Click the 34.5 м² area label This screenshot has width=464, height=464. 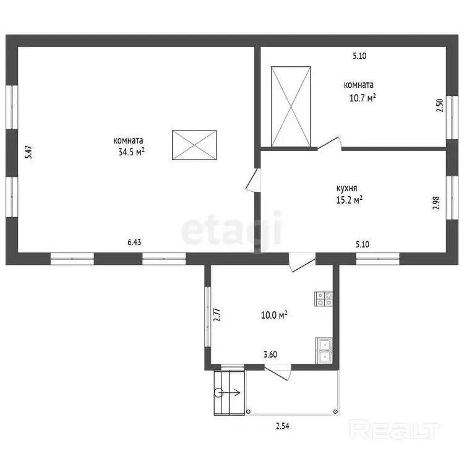[x=131, y=152]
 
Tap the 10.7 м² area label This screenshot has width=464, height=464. [x=363, y=98]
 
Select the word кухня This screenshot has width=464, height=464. [x=347, y=188]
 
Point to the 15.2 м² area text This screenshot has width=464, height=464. [x=349, y=200]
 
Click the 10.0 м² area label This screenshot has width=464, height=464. [x=274, y=315]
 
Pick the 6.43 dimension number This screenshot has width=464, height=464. [x=134, y=242]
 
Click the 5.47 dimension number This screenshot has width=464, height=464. [x=28, y=152]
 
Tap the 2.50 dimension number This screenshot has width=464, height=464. [x=440, y=105]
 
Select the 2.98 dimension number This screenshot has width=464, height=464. [x=436, y=203]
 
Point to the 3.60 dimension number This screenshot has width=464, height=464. [x=270, y=354]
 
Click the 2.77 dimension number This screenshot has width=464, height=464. [x=217, y=315]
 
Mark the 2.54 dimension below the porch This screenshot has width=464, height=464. [x=283, y=426]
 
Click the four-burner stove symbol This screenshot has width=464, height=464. [x=324, y=299]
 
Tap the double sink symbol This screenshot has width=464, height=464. [x=324, y=351]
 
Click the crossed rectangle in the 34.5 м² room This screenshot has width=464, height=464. [x=194, y=145]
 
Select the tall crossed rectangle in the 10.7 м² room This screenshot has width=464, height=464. [x=291, y=106]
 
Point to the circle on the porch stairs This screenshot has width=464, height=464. [x=218, y=393]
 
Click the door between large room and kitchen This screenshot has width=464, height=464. [x=253, y=180]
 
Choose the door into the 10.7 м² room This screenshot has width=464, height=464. [x=329, y=144]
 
